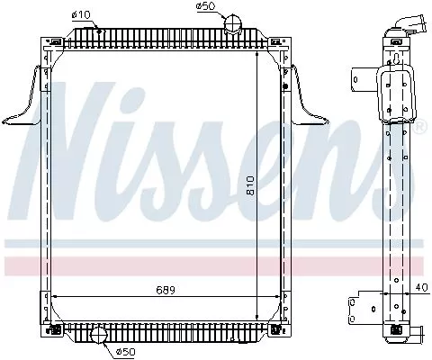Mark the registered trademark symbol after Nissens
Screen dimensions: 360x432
click(419, 128)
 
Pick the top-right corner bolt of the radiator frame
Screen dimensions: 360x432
click(283, 41)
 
